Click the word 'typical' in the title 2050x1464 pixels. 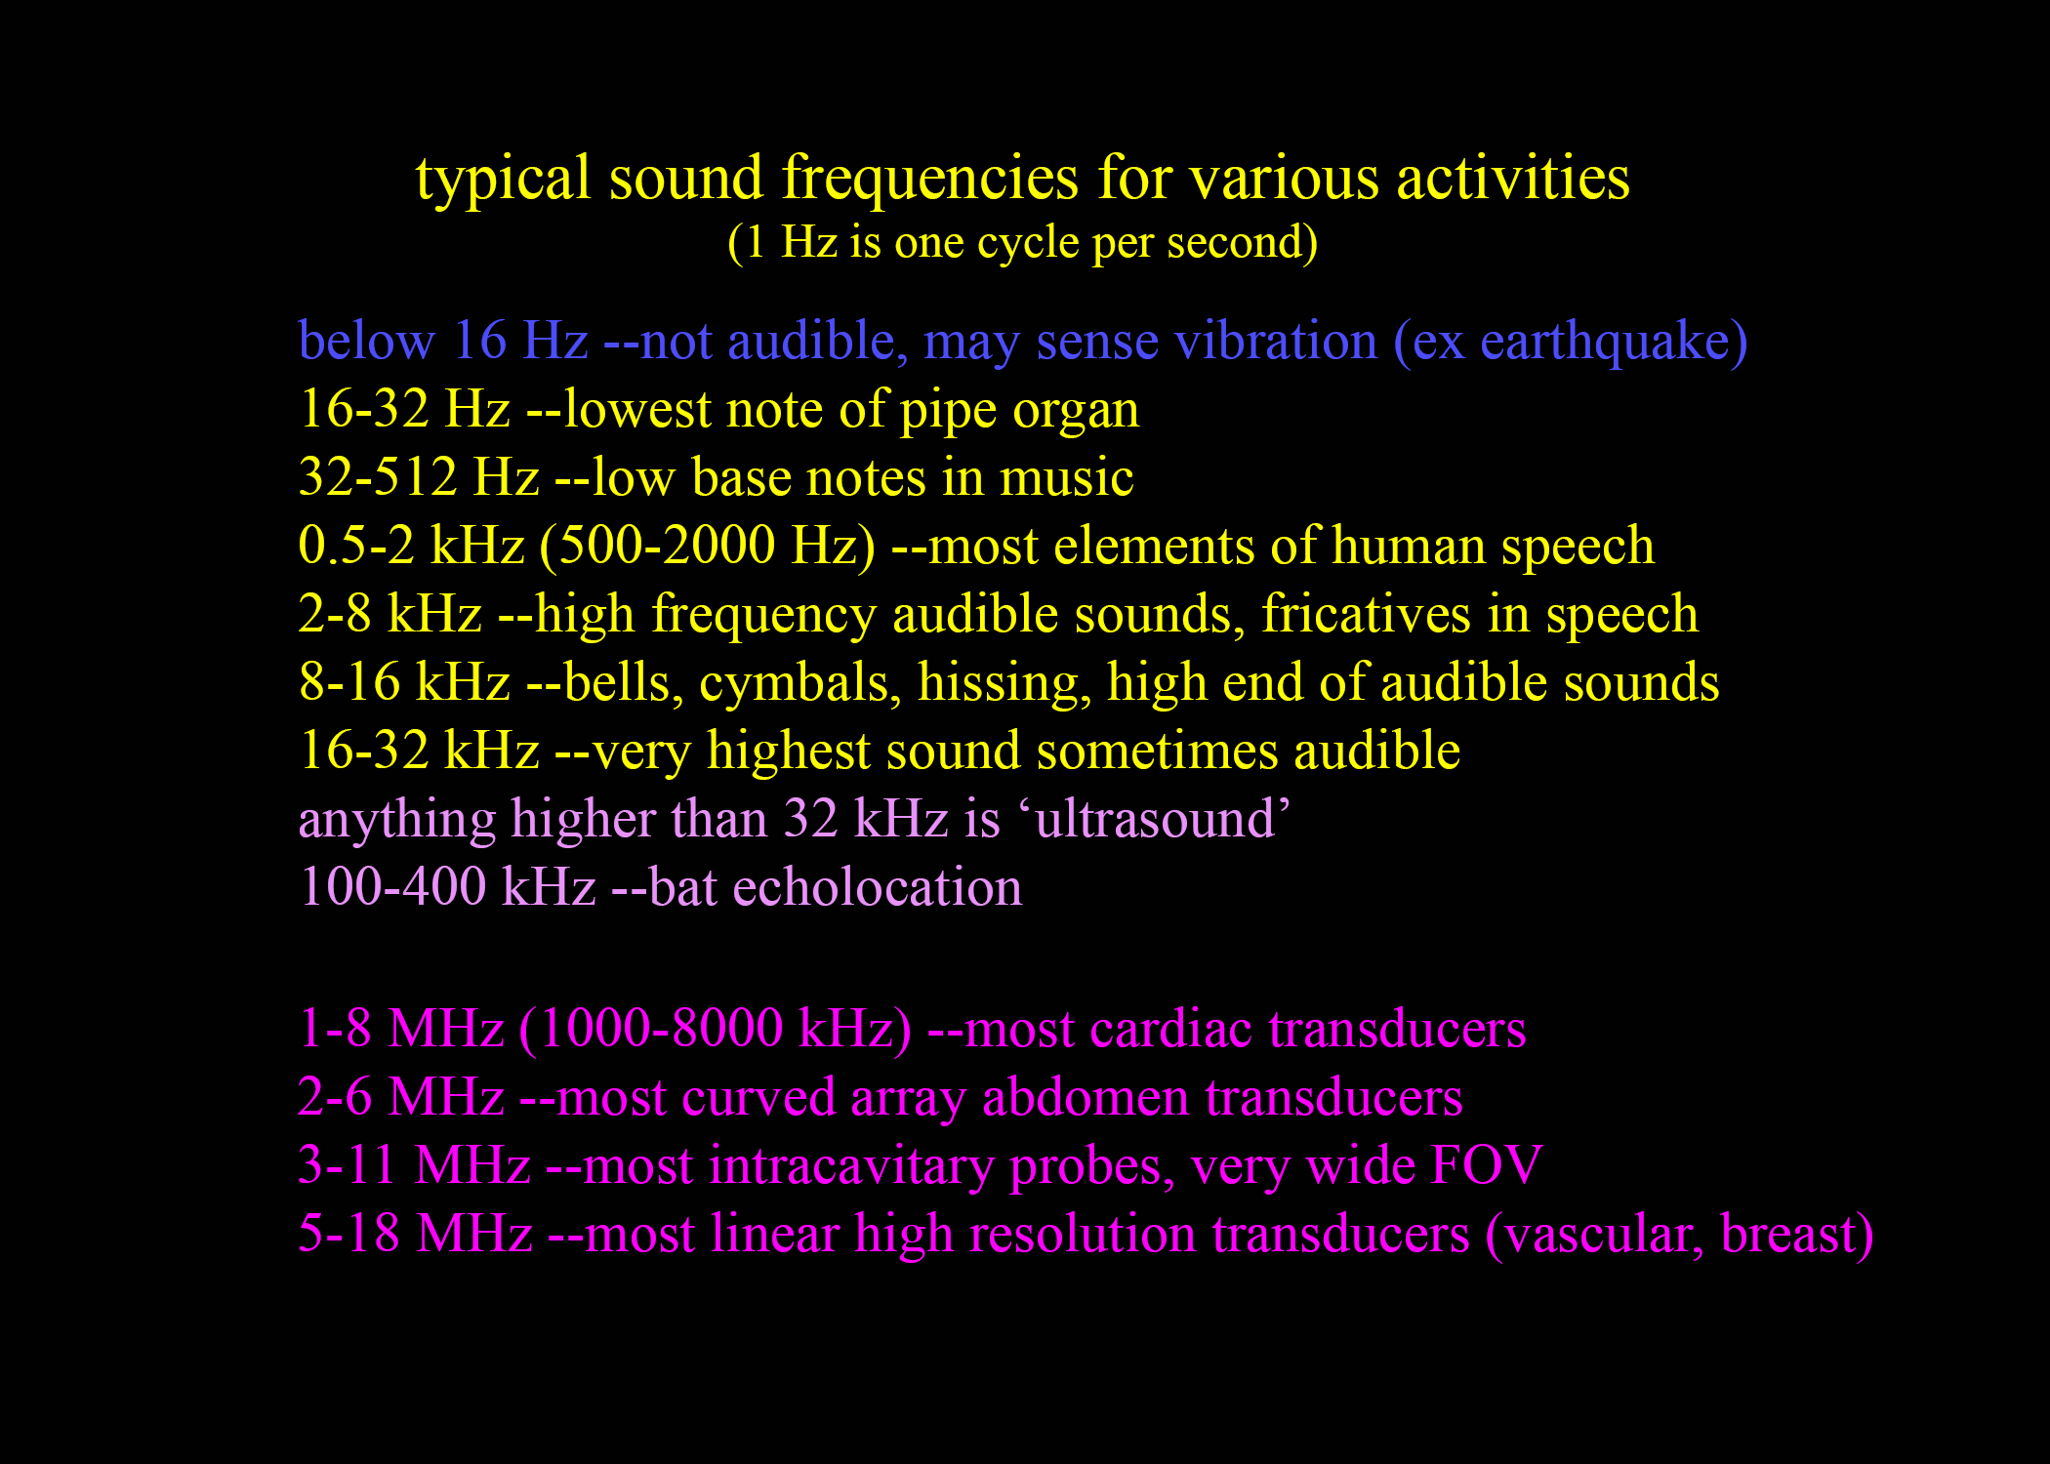coord(503,180)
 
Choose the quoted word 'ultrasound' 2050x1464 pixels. coord(1156,818)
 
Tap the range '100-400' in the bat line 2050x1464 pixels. coord(392,887)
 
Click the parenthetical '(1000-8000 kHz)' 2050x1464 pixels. coord(716,1030)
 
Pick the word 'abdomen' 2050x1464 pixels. coord(1086,1097)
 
